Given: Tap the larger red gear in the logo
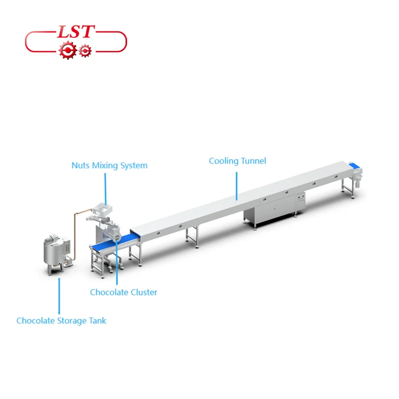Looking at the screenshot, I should [66, 50].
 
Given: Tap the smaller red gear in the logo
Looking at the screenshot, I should [85, 50].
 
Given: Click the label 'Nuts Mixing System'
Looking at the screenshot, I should [109, 165].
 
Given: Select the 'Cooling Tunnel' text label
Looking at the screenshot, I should [237, 161].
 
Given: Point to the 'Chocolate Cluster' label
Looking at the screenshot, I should [123, 292].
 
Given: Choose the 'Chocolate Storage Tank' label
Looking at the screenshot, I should [61, 321].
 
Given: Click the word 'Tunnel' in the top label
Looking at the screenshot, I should [253, 161].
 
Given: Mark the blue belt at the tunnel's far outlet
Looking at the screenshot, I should [355, 166].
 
